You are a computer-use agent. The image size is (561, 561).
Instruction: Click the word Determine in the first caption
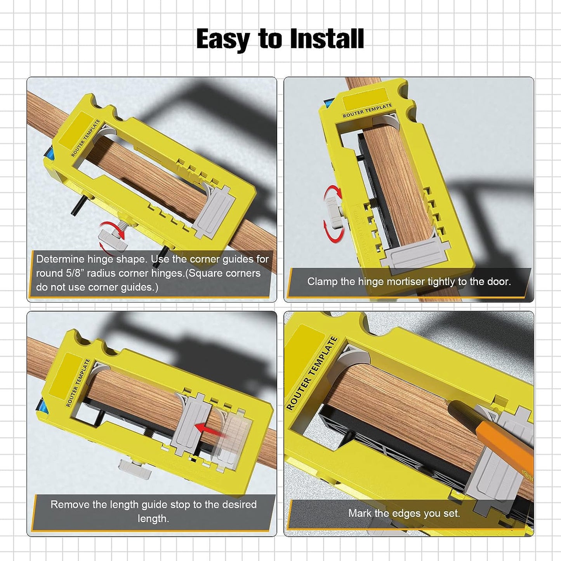coord(60,259)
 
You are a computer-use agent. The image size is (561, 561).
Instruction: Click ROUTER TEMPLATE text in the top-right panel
coord(367,110)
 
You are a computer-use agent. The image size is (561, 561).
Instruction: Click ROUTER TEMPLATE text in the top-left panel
coord(85,138)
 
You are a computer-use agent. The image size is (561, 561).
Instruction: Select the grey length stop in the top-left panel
coord(213,212)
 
